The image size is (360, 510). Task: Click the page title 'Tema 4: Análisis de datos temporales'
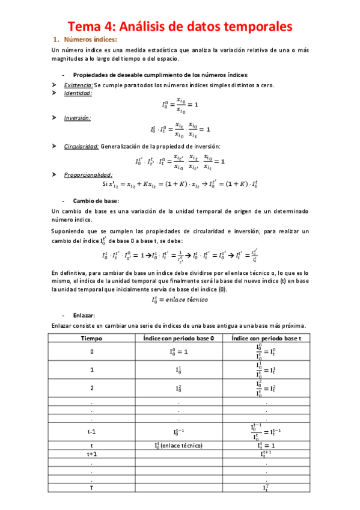[180, 26]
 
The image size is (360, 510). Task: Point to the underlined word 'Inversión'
[78, 118]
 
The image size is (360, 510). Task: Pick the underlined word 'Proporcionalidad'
[87, 175]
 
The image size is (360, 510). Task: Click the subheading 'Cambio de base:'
[96, 200]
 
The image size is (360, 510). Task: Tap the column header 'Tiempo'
[92, 339]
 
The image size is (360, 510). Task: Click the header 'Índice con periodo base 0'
[179, 339]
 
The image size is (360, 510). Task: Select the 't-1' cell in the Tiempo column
[92, 431]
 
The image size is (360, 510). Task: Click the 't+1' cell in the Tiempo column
[92, 454]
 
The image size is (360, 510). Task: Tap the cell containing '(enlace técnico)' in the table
[179, 446]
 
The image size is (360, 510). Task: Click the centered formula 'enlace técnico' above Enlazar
[180, 299]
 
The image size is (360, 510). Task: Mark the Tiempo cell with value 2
[92, 389]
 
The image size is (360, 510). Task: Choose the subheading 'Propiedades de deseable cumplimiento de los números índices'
[160, 75]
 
